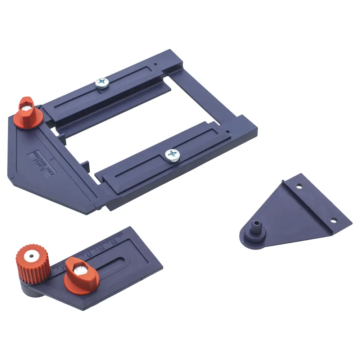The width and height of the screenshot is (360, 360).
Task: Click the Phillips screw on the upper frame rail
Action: [x=102, y=84]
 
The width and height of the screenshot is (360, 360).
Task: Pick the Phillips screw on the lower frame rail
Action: [x=172, y=156]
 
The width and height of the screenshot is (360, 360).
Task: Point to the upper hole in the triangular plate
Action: [x=298, y=187]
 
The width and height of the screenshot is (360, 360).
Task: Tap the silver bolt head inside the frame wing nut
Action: [x=26, y=107]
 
